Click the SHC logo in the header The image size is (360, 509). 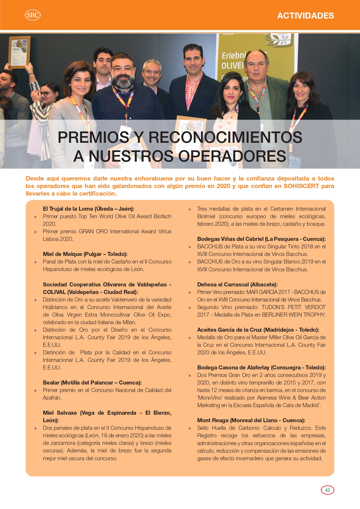(32, 15)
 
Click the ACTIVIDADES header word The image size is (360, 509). (305, 16)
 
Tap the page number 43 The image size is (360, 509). (328, 490)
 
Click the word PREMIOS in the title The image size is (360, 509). (93, 137)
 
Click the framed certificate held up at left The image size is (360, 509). (19, 52)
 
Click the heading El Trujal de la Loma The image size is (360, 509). (88, 209)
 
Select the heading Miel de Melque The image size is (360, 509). (85, 254)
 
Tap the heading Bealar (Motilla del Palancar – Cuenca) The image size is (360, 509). (92, 382)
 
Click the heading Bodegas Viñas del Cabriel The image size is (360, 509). (261, 239)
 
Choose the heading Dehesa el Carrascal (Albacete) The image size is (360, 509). (237, 284)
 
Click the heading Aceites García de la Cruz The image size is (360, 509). (258, 330)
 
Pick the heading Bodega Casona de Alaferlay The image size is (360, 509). (261, 367)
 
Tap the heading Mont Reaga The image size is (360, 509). (251, 420)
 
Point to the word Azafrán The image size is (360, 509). (52, 398)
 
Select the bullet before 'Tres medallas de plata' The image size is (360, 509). (189, 209)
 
